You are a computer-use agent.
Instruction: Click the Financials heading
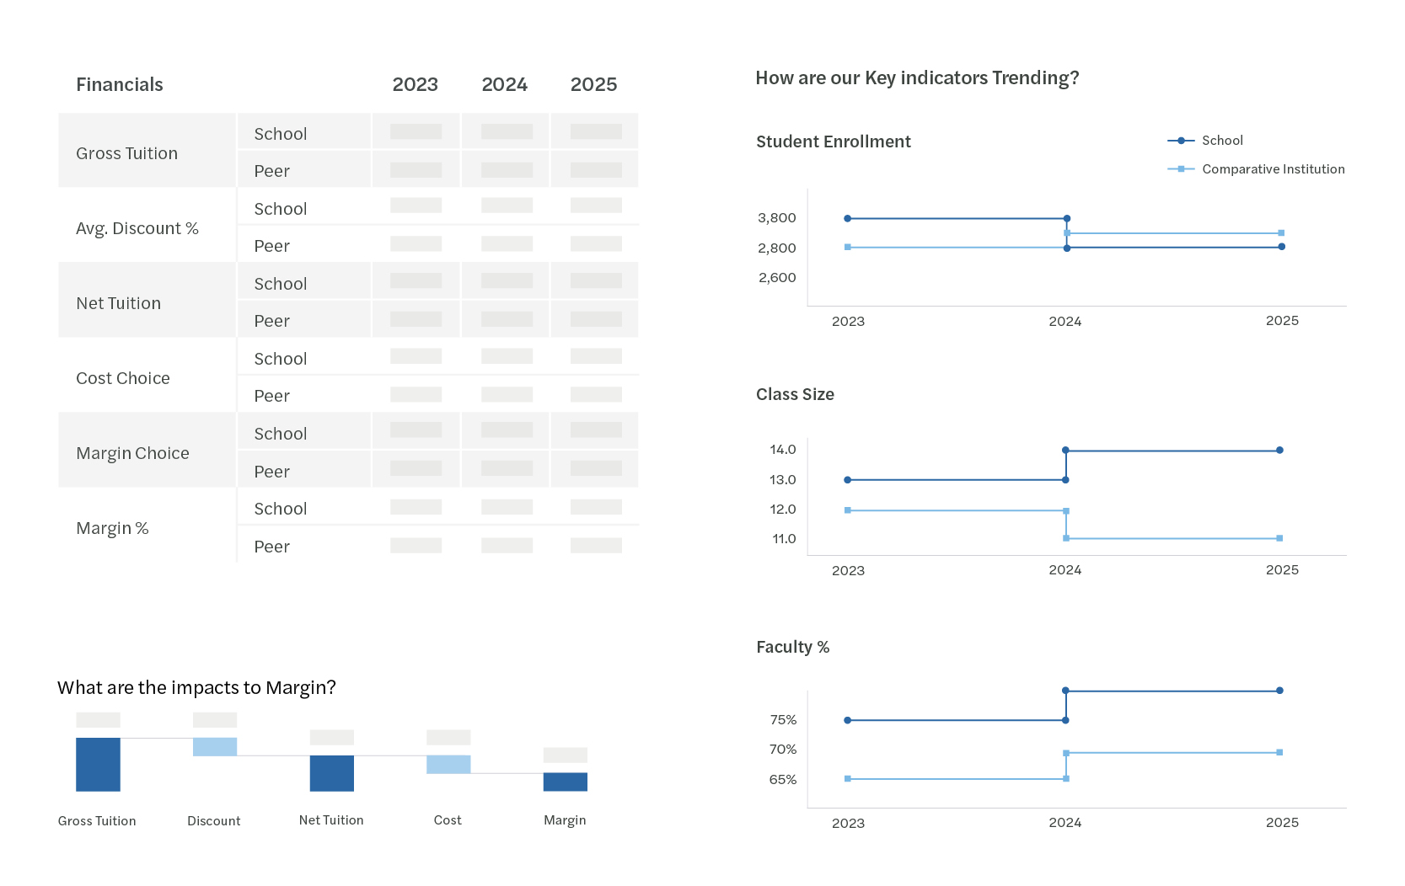point(119,85)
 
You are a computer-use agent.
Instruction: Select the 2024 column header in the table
point(504,85)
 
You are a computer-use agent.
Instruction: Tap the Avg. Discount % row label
point(137,228)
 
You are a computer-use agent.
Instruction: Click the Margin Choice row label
point(132,453)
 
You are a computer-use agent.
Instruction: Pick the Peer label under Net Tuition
point(271,321)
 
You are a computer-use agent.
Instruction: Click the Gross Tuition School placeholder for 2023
point(416,132)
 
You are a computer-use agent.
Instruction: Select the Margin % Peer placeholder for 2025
point(596,546)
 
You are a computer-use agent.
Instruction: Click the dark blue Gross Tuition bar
point(98,764)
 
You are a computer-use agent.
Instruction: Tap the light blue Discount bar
point(214,747)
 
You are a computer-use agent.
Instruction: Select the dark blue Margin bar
point(565,782)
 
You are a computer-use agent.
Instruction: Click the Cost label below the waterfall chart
point(448,820)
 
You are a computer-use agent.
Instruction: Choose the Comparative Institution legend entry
point(1273,169)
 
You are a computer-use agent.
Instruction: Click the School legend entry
point(1221,141)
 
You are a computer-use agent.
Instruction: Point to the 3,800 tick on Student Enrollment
point(776,218)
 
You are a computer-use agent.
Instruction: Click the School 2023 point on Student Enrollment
point(848,218)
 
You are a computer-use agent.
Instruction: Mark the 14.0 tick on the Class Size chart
point(782,450)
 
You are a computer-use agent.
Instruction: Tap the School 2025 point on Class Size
point(1279,451)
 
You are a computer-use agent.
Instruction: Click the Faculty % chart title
point(792,647)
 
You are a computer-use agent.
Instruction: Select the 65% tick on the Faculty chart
point(782,780)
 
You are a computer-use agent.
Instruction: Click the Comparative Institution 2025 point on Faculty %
point(1279,752)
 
